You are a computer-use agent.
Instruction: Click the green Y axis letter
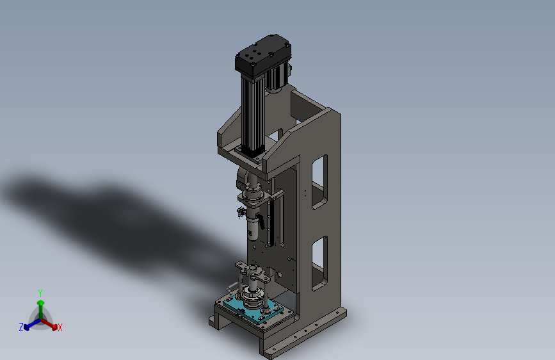pos(40,293)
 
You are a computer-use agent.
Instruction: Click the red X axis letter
pos(60,327)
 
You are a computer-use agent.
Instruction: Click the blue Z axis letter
pos(21,327)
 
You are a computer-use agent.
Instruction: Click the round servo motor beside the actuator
pos(278,78)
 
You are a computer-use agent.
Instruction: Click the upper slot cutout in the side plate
pos(319,182)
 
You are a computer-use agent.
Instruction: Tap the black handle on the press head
pos(261,222)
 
